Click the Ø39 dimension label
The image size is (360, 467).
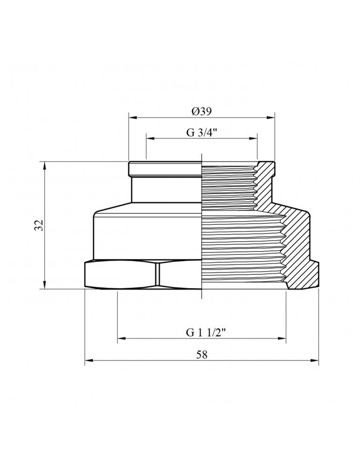point(202,112)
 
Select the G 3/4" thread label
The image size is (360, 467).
point(202,133)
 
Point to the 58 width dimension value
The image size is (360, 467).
point(202,354)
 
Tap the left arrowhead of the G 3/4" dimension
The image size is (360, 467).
point(149,138)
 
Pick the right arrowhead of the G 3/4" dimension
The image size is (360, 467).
point(254,138)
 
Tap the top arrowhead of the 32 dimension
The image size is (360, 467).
point(45,165)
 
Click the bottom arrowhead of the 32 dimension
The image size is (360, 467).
point(45,285)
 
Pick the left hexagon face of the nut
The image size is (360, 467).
point(120,275)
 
